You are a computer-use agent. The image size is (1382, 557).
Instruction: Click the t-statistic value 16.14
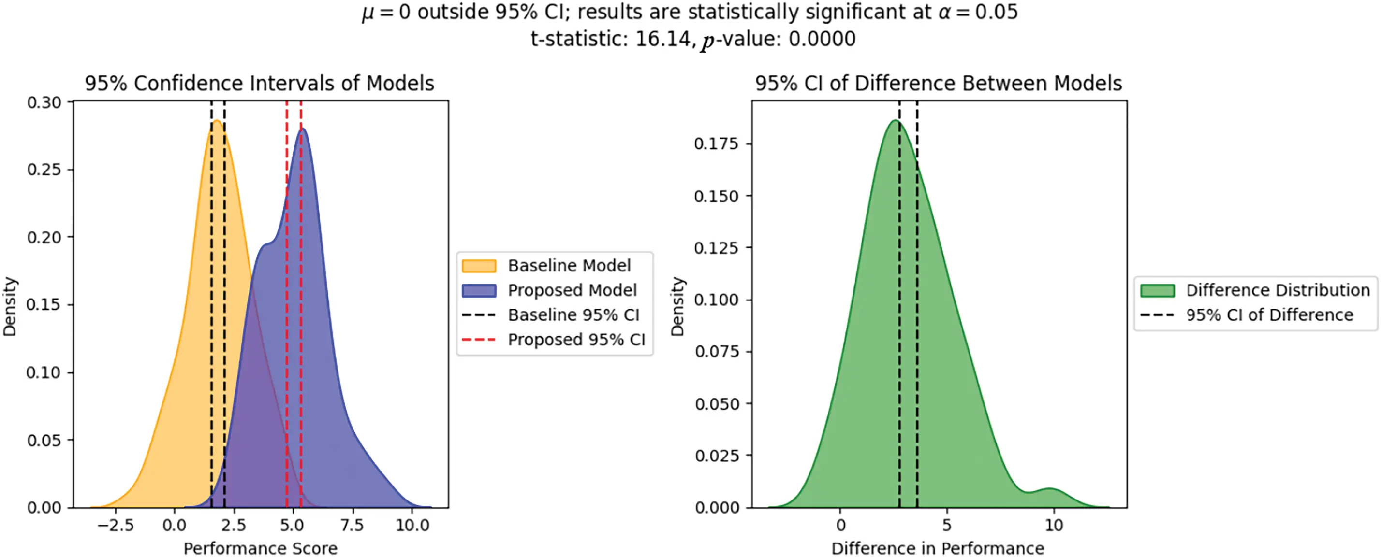coord(662,39)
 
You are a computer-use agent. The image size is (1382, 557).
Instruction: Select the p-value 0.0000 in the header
coord(822,39)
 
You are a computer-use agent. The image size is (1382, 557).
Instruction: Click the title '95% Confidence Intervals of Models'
coord(259,84)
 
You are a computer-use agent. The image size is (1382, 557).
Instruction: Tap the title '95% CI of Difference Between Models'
coord(938,84)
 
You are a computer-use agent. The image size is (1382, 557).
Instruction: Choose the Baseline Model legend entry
coord(569,265)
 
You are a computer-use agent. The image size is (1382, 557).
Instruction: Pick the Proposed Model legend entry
coord(572,290)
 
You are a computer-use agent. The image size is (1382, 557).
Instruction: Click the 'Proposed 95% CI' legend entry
coord(576,339)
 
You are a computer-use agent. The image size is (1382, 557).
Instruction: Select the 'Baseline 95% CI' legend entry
coord(573,314)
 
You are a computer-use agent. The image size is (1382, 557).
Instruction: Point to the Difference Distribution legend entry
coord(1278,290)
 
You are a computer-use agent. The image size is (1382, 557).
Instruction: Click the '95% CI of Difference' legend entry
coord(1269,314)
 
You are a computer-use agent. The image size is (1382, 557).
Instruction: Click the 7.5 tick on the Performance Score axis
coord(352,525)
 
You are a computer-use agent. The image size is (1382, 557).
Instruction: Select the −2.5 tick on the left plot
coord(116,525)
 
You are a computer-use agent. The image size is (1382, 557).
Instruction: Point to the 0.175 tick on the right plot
coord(716,143)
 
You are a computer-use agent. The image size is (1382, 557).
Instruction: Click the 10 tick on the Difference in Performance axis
coord(1054,525)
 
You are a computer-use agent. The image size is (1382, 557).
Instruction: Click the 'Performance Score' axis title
coord(260,548)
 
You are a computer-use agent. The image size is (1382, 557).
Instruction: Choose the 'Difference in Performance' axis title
coord(938,548)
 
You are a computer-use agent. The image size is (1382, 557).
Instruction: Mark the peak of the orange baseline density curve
coord(216,121)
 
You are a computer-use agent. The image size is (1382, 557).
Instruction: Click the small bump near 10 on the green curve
coord(1050,489)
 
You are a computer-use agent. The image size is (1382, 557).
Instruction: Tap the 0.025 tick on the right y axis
coord(716,456)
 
